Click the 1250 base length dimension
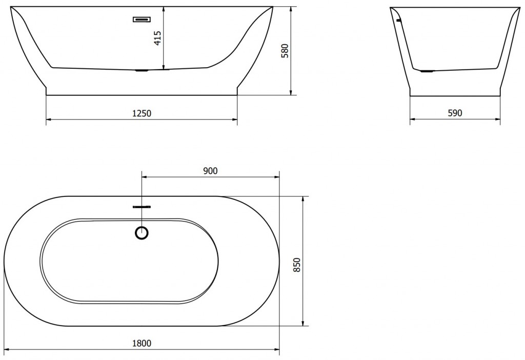tap(142, 113)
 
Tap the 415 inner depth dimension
tap(158, 38)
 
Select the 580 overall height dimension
tap(285, 51)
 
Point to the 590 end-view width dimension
tap(455, 113)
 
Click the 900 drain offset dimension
tap(210, 171)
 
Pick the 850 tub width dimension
tap(297, 265)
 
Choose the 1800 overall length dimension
tap(142, 343)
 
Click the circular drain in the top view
tap(142, 233)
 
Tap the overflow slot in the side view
tap(142, 19)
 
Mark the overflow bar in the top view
tap(142, 207)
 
